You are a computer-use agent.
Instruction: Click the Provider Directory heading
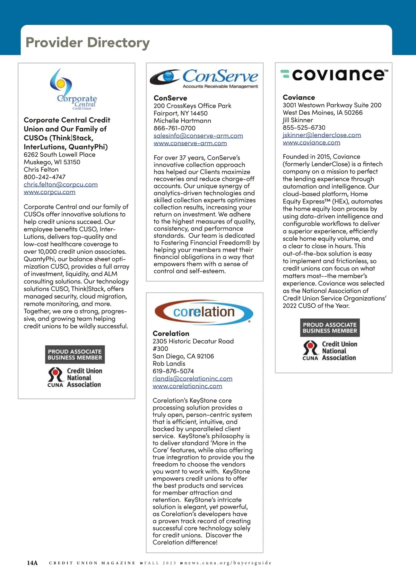[x=88, y=43]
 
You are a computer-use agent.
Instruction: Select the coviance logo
[x=334, y=74]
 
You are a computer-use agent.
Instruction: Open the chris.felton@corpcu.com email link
[x=61, y=184]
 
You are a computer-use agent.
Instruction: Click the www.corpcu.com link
[x=50, y=192]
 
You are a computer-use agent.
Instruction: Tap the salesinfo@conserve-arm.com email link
[x=198, y=136]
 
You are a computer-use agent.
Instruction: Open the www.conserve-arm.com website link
[x=190, y=143]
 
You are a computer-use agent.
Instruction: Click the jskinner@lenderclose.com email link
[x=322, y=135]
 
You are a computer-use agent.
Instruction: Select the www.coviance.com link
[x=311, y=143]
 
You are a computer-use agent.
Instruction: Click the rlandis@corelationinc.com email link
[x=192, y=379]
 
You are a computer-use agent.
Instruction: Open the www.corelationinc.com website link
[x=187, y=386]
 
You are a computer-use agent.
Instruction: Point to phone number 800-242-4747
[x=44, y=177]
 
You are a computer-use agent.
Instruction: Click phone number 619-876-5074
[x=173, y=371]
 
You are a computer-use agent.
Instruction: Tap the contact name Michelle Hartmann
[x=182, y=121]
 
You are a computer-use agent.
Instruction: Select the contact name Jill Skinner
[x=298, y=120]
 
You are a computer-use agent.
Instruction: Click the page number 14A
[x=32, y=563]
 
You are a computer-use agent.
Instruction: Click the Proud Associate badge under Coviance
[x=330, y=328]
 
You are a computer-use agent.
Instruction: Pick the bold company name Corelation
[x=171, y=334]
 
